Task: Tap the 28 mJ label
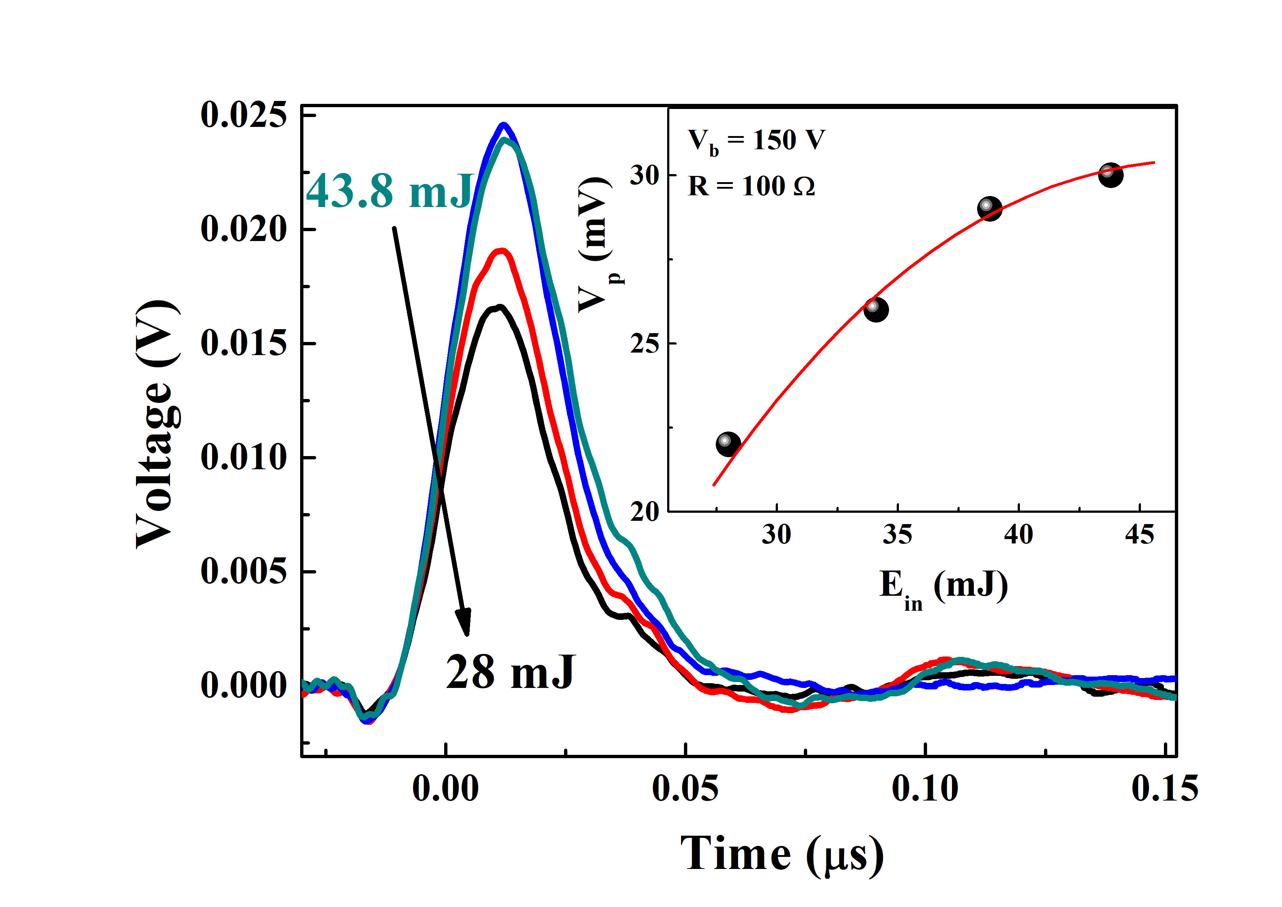pos(510,673)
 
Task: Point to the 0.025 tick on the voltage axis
pos(244,116)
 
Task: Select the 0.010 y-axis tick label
pos(244,458)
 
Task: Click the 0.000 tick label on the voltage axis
pos(244,685)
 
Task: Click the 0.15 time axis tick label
pos(1165,789)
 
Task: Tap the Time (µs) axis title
pos(782,854)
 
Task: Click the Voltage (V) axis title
pos(158,425)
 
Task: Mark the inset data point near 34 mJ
pos(876,310)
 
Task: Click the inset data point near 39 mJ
pos(990,209)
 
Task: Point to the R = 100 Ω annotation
pos(751,187)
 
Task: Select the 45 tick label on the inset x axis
pos(1139,535)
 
